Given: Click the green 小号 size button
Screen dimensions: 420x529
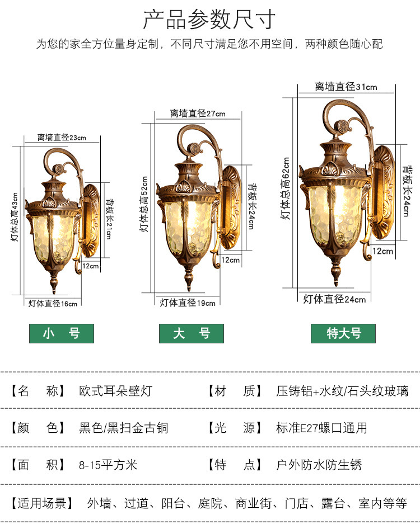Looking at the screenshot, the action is click(x=62, y=334).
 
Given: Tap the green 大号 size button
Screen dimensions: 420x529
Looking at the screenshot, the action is click(x=192, y=334).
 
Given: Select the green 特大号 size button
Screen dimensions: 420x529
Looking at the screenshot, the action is click(x=343, y=334).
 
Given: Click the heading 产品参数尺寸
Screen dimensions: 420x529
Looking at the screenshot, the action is click(x=209, y=20).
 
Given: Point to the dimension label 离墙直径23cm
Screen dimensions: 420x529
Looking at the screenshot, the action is click(x=62, y=137).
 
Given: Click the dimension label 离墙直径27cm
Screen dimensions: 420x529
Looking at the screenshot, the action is click(x=198, y=114).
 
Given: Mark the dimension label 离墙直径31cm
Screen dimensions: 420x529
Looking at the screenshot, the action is click(x=346, y=87).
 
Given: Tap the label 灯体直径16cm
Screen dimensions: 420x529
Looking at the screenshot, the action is click(x=53, y=303).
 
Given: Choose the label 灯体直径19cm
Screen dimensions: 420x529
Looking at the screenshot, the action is click(x=188, y=303).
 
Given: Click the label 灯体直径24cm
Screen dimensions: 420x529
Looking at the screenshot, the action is click(x=334, y=299).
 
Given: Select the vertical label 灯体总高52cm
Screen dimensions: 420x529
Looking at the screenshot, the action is click(x=144, y=204).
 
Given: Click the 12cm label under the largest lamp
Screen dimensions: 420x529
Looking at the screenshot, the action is click(x=383, y=251).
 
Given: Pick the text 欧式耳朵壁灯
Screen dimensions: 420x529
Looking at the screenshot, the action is click(x=115, y=391).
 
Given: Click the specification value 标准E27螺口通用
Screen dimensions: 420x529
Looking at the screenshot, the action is click(x=321, y=428).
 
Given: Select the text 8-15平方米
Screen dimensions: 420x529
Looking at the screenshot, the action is click(x=108, y=465).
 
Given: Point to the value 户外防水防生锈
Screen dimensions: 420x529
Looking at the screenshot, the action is click(x=319, y=465).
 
